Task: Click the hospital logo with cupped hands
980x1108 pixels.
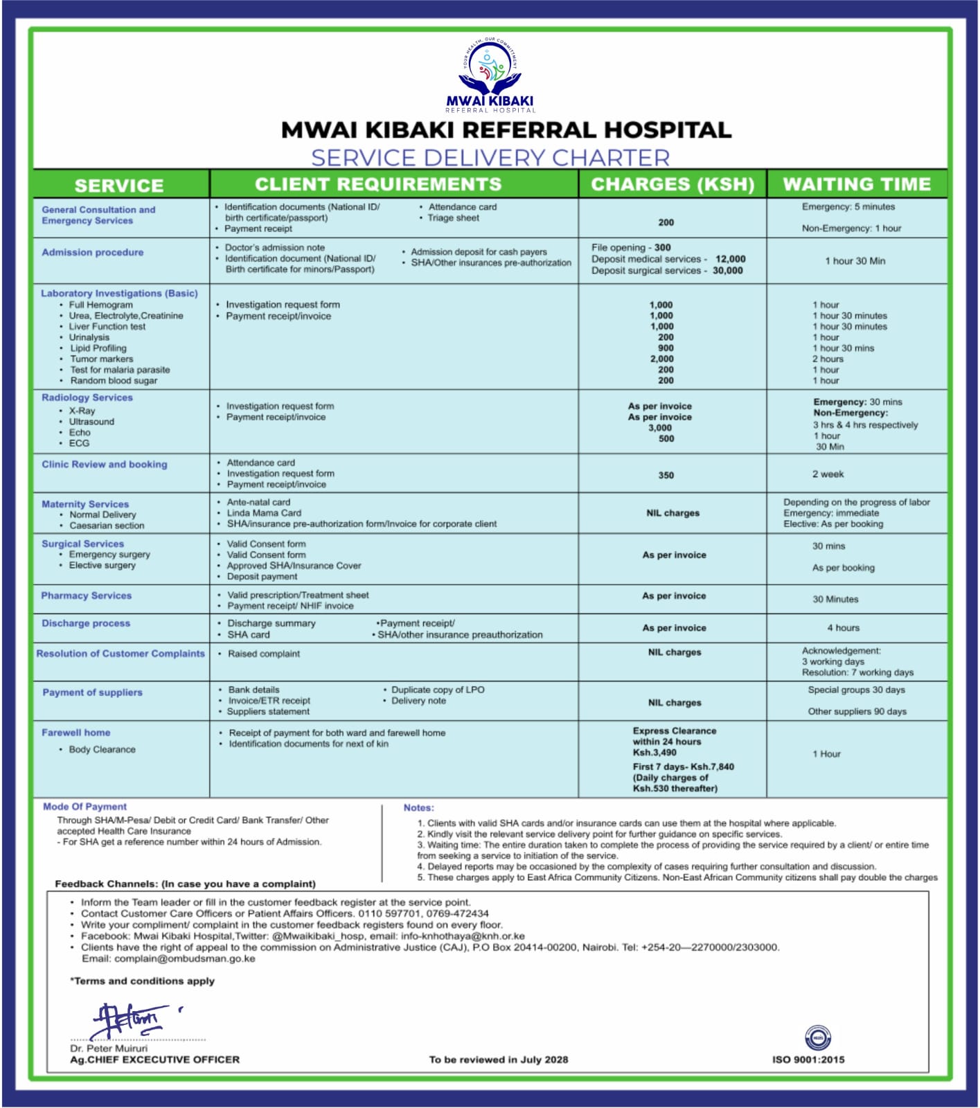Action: point(490,73)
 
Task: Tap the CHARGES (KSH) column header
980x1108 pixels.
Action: point(672,184)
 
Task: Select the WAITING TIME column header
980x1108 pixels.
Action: point(857,184)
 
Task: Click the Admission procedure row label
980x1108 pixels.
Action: point(93,253)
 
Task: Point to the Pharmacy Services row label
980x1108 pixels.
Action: point(86,596)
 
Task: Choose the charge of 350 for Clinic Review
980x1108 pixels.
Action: point(666,476)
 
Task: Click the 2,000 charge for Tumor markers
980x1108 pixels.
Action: point(661,359)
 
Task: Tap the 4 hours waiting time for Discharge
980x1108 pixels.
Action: point(843,628)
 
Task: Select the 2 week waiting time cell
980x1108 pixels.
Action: point(828,474)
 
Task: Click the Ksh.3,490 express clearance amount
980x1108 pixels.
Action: point(654,753)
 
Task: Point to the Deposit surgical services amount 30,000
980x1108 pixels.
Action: point(727,271)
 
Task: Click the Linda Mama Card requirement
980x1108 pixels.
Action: point(264,513)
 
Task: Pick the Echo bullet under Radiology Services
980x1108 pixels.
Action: point(80,433)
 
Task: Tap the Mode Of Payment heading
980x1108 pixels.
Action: point(84,807)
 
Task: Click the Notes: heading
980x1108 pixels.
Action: point(418,808)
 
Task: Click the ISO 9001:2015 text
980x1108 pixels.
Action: point(808,1060)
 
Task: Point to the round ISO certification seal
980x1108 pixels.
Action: point(818,1037)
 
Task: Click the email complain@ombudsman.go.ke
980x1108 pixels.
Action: point(185,959)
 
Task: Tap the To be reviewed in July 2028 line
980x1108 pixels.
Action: point(498,1060)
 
